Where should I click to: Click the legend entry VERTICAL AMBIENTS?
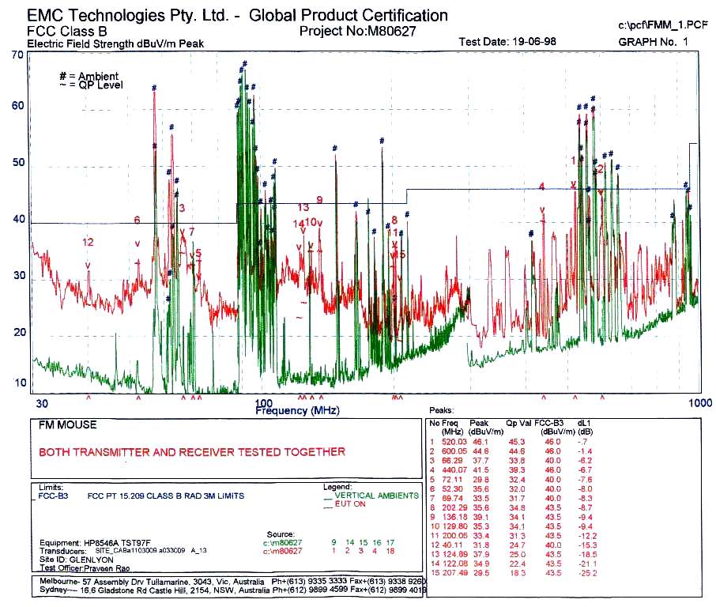click(376, 496)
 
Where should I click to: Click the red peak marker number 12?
click(88, 242)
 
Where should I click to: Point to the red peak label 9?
click(319, 199)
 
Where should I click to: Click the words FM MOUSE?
click(68, 425)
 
